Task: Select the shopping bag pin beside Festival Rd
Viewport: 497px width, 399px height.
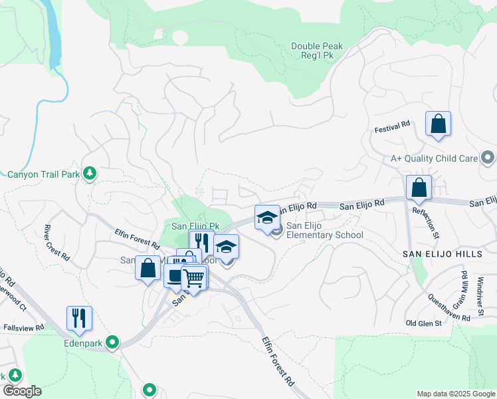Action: click(438, 124)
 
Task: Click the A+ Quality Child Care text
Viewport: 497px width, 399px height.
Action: click(435, 158)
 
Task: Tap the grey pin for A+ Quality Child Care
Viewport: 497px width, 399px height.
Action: click(488, 158)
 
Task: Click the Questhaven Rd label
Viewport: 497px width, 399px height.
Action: click(448, 308)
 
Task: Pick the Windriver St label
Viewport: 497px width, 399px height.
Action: click(482, 283)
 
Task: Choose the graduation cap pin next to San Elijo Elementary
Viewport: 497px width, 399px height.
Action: click(267, 217)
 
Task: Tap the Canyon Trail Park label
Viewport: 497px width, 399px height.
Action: click(43, 175)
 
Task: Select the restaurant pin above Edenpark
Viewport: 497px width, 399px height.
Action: click(79, 319)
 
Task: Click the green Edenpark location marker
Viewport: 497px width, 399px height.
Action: click(113, 342)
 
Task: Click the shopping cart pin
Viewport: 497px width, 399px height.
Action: click(194, 277)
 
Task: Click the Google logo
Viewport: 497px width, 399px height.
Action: click(22, 391)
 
